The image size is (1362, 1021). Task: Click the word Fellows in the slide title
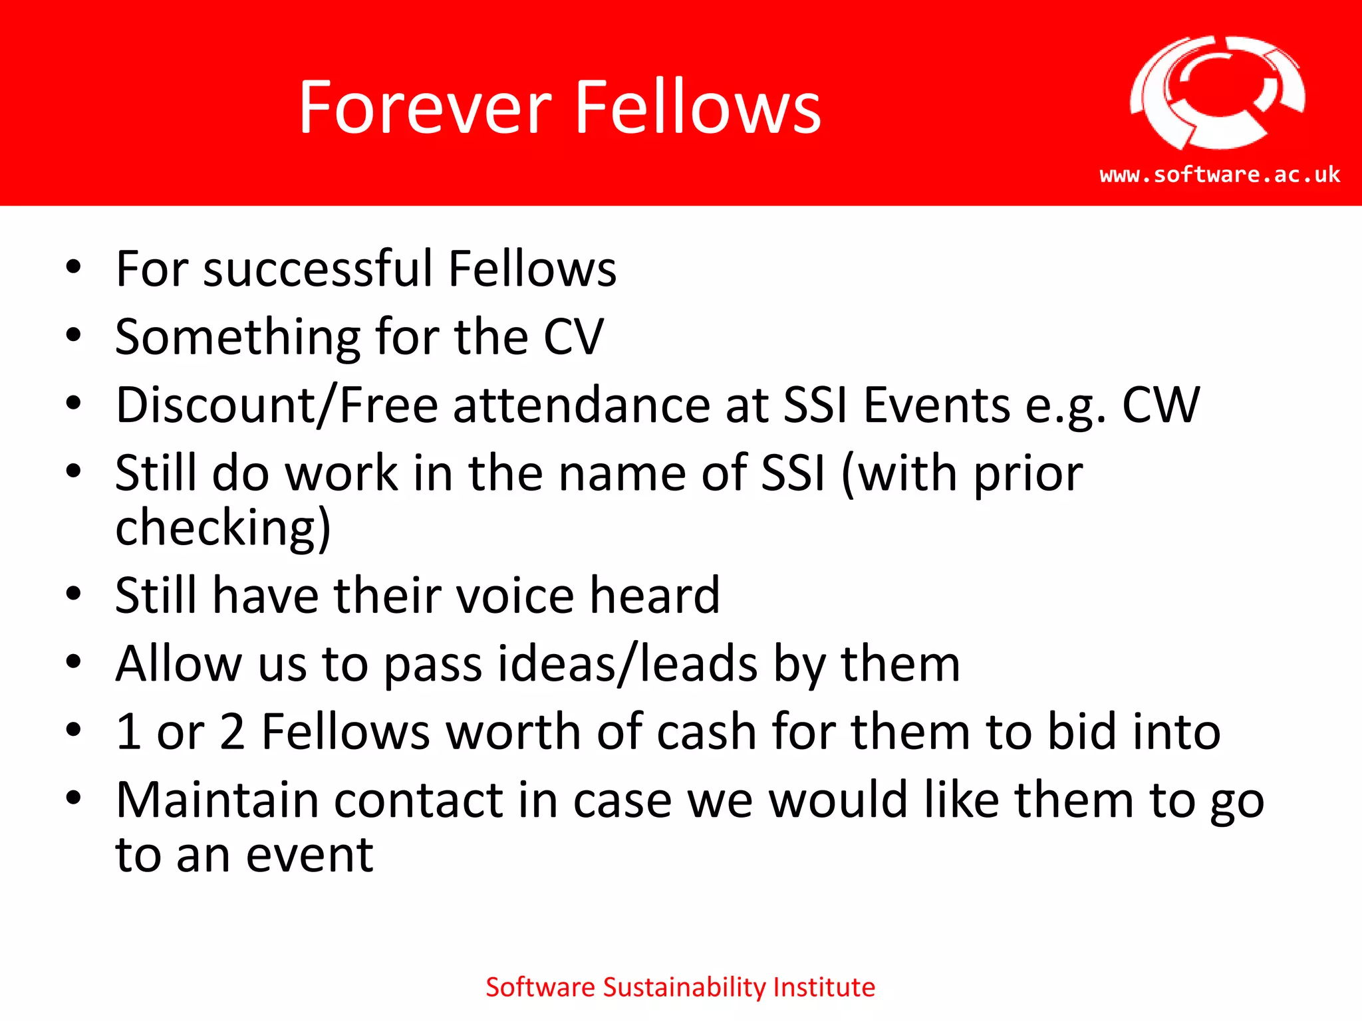click(698, 108)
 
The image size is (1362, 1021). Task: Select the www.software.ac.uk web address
click(1220, 175)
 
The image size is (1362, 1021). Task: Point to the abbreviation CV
click(574, 337)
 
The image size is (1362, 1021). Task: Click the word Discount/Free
click(277, 405)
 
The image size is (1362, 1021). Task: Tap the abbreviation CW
click(1161, 405)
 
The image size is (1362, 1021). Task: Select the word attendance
click(582, 405)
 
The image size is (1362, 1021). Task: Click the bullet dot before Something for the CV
click(73, 335)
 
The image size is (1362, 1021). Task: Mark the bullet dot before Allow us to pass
click(73, 662)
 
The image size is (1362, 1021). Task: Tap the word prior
click(1028, 475)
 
